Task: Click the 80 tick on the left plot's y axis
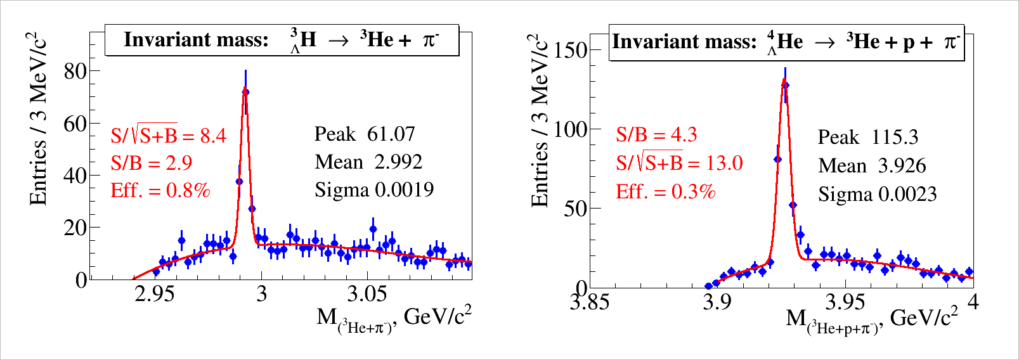click(x=75, y=71)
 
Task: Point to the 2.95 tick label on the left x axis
click(x=155, y=294)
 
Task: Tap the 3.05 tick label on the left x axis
click(x=367, y=294)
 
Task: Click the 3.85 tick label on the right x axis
click(x=590, y=302)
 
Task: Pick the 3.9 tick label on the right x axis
click(x=717, y=302)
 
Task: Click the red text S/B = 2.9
click(x=152, y=163)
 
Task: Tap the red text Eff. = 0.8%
click(x=160, y=190)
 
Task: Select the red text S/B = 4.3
click(x=656, y=134)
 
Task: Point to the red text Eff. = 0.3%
click(x=665, y=191)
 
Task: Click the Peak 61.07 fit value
click(x=365, y=134)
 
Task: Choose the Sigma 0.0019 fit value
click(x=374, y=190)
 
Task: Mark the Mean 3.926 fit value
click(x=872, y=165)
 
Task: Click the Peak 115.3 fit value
click(x=867, y=137)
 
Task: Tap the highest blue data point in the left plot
click(x=245, y=92)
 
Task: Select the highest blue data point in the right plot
click(x=785, y=85)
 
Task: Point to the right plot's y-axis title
click(x=540, y=120)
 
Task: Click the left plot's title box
click(x=282, y=40)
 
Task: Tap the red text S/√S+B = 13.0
click(x=679, y=163)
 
